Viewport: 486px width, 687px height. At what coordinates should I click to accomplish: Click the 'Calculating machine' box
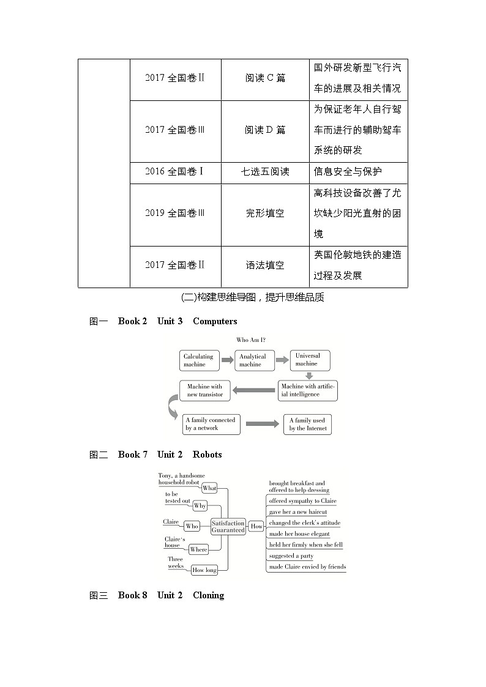pos(199,360)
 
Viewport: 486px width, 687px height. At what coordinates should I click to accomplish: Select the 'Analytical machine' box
pos(253,360)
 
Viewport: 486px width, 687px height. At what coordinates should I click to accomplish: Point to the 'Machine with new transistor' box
pos(205,391)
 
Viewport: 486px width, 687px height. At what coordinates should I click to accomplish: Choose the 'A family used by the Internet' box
pos(307,425)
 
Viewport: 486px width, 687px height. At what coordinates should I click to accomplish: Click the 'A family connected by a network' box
pos(210,424)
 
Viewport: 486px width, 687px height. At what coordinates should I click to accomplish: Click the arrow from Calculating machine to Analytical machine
pos(227,360)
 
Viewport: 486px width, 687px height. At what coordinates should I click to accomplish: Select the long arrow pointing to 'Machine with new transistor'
pos(253,390)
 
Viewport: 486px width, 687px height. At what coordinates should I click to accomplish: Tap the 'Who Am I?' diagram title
pos(251,340)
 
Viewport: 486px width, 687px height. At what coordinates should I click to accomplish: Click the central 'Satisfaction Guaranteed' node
pos(228,526)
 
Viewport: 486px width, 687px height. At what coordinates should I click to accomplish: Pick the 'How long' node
pos(204,570)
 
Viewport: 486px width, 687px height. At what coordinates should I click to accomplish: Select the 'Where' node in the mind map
pos(199,549)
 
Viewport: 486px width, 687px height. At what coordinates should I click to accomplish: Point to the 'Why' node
pos(200,506)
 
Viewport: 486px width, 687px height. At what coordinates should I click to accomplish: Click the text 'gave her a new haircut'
pos(298,512)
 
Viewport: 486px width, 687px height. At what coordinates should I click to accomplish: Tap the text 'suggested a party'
pos(291,556)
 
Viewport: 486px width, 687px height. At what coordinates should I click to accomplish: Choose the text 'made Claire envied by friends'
pos(307,567)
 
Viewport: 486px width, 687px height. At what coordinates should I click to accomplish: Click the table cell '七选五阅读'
pos(265,172)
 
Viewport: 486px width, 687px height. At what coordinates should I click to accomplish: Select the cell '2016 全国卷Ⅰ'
pos(175,172)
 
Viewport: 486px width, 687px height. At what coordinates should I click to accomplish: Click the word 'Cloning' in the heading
pos(208,595)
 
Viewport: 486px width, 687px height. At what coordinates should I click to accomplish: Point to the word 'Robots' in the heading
pos(207,455)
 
